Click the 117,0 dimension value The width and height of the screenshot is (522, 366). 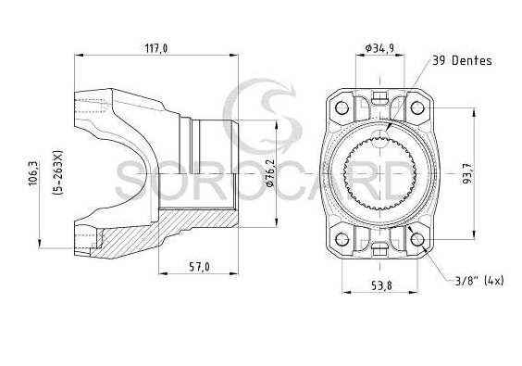point(156,49)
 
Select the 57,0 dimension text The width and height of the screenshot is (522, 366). point(199,267)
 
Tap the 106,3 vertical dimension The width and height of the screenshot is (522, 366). point(33,173)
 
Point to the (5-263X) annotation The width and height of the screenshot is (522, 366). point(57,172)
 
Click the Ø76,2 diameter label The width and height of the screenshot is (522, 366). point(270,172)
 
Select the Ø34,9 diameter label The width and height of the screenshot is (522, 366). point(379,48)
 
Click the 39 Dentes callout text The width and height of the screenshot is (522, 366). point(462,60)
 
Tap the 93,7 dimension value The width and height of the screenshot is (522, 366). point(467,173)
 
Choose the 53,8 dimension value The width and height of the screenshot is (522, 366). point(382,285)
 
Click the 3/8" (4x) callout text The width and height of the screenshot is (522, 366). point(479,281)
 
